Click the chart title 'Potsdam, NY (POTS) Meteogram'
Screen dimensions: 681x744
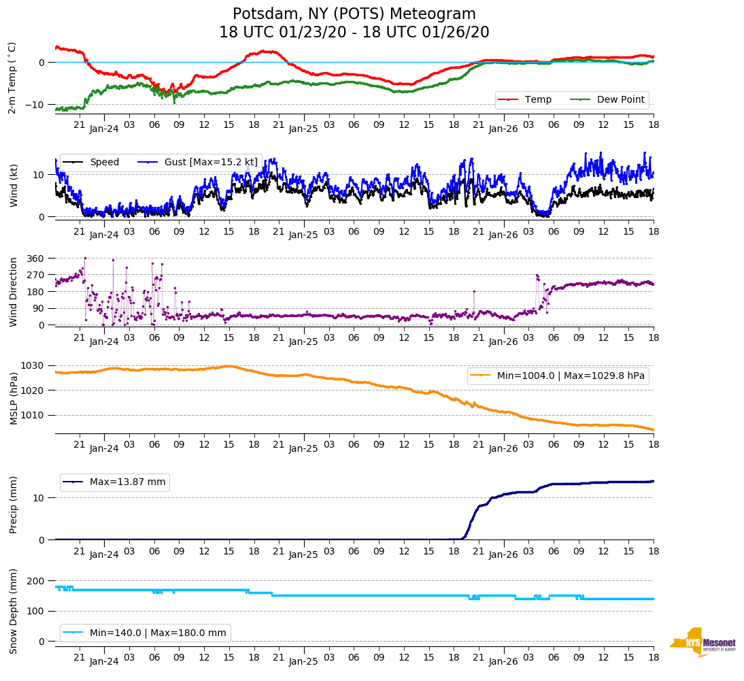tap(354, 14)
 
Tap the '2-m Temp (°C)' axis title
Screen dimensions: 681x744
tap(12, 78)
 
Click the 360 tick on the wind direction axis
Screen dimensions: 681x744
tap(35, 259)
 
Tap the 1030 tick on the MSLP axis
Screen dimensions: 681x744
tap(33, 366)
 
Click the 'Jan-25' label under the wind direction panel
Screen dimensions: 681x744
tap(303, 342)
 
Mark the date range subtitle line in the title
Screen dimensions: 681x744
tap(354, 33)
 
